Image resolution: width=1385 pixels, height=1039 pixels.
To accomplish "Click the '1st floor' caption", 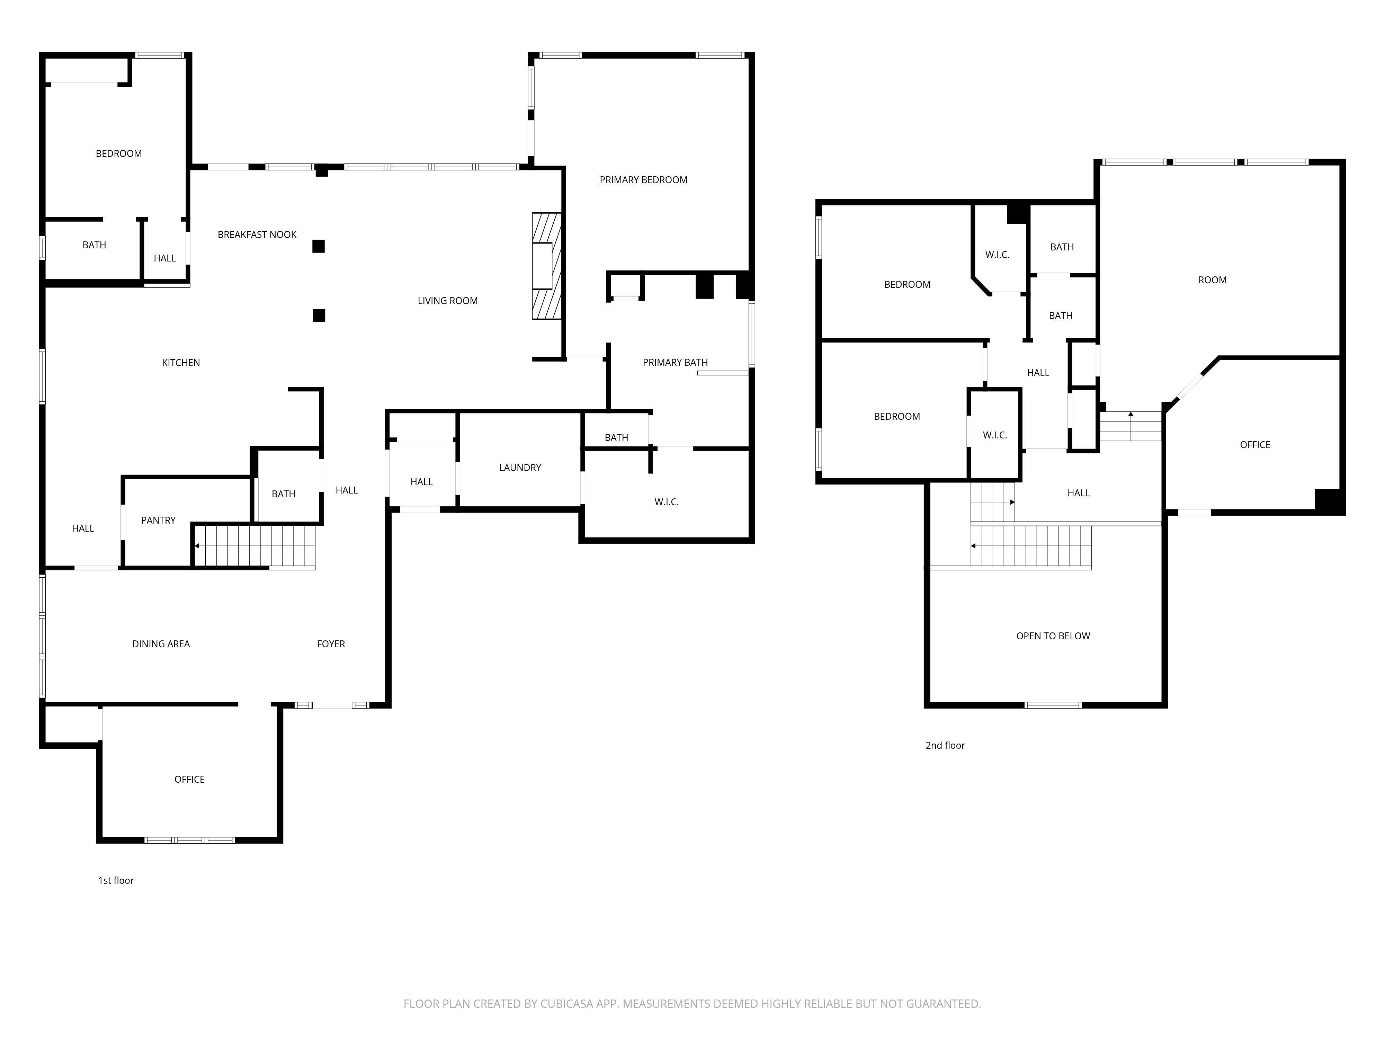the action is [x=116, y=880].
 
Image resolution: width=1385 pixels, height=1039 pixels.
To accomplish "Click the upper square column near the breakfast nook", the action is [x=318, y=246].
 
